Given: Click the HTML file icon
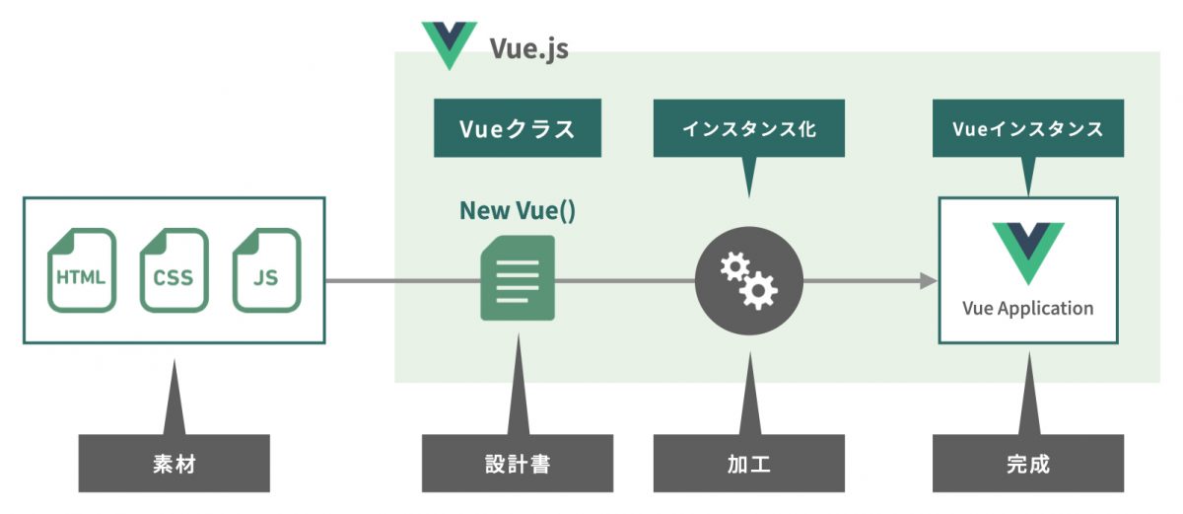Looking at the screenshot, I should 82,270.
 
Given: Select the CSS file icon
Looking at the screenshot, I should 174,270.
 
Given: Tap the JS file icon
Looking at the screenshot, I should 265,270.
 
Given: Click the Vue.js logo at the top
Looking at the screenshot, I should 449,44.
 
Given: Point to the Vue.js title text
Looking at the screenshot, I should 528,47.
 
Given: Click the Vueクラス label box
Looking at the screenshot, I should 518,128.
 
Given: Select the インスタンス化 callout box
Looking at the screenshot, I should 749,128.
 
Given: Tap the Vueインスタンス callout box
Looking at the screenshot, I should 1027,128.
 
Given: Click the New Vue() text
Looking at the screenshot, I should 518,210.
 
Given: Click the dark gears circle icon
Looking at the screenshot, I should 749,281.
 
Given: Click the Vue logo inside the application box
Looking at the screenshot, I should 1027,252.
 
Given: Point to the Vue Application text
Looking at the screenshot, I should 1027,308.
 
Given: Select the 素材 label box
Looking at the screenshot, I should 174,464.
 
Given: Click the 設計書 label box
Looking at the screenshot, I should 518,464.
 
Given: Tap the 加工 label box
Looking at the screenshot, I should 749,464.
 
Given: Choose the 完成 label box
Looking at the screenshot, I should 1027,464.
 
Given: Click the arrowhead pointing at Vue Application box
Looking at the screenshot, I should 928,282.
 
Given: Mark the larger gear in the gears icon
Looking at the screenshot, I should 760,290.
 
